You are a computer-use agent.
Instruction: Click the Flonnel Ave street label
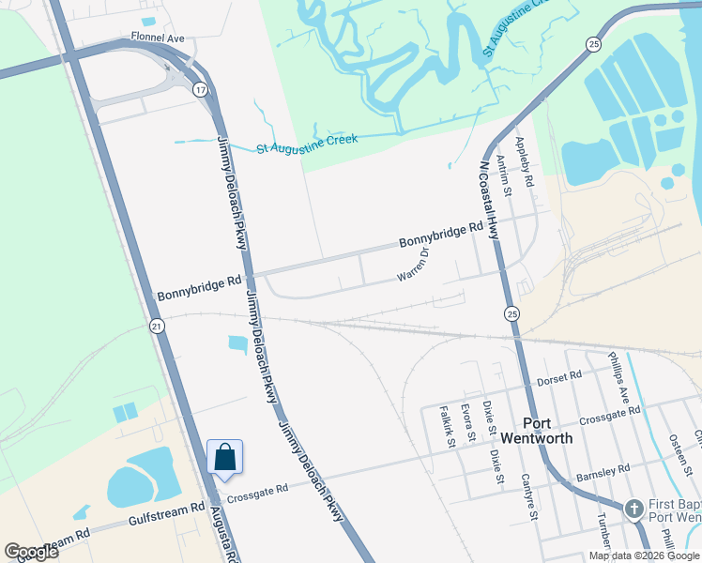click(158, 38)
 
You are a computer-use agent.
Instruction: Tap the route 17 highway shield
click(201, 89)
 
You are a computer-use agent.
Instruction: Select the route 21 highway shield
click(157, 326)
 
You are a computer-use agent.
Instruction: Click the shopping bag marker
click(225, 457)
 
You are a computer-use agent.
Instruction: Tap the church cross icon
click(633, 509)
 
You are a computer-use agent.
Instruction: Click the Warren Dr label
click(414, 265)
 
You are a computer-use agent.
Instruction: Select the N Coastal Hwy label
click(489, 201)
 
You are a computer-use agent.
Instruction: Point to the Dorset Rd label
click(560, 379)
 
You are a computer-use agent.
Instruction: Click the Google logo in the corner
click(31, 552)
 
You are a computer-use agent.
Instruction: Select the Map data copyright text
click(645, 555)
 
